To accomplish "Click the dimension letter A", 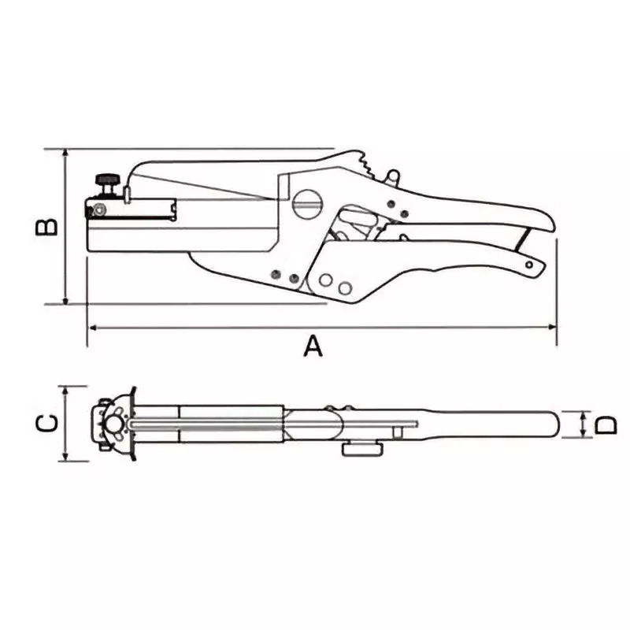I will coord(313,345).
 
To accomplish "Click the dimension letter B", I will coord(46,226).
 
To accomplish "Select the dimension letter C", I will coord(46,424).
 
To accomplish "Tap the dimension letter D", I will coord(605,425).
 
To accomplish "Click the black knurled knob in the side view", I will coord(106,182).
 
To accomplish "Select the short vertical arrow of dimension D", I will coord(583,425).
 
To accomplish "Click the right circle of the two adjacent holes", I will coord(344,288).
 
